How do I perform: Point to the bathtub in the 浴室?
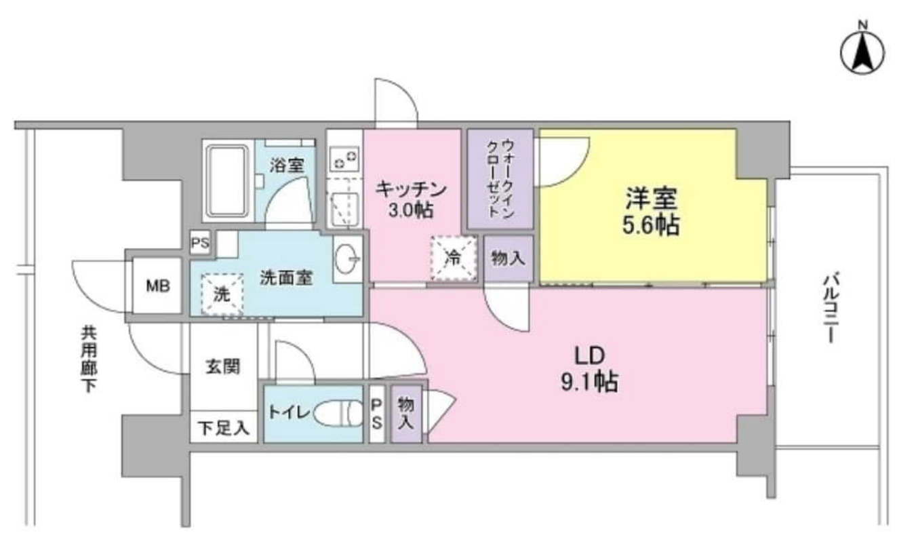tap(228, 181)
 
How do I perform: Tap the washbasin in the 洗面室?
tap(349, 258)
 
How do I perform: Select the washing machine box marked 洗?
tap(221, 294)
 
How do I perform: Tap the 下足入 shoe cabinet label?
tap(223, 429)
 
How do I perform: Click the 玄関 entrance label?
tap(222, 367)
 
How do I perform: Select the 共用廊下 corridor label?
tap(89, 359)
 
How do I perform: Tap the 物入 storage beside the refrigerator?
tap(509, 258)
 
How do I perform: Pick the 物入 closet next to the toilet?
tap(406, 412)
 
